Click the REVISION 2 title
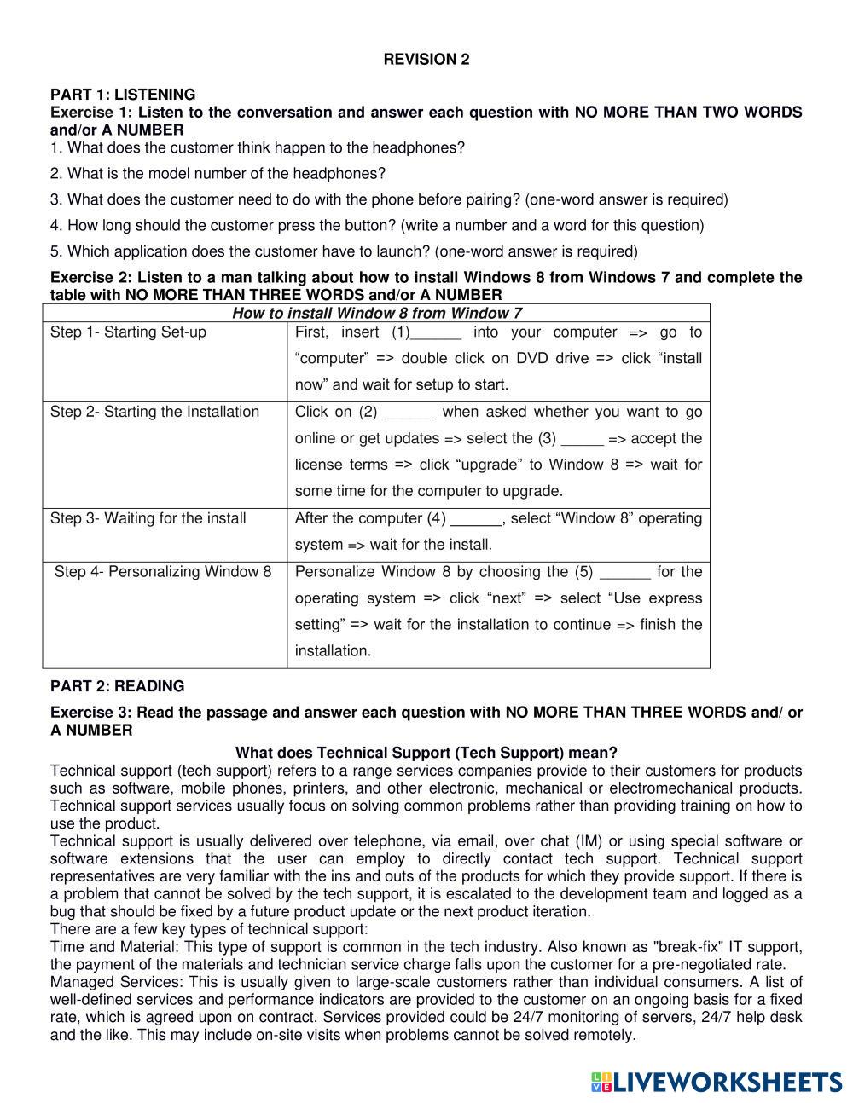[426, 59]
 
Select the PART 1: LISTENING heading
[123, 94]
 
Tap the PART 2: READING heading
[117, 686]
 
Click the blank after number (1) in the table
[436, 333]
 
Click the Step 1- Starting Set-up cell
[128, 332]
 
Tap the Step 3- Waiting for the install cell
[148, 518]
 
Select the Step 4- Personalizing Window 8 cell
[163, 571]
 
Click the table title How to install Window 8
[376, 313]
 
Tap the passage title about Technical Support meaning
[426, 753]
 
